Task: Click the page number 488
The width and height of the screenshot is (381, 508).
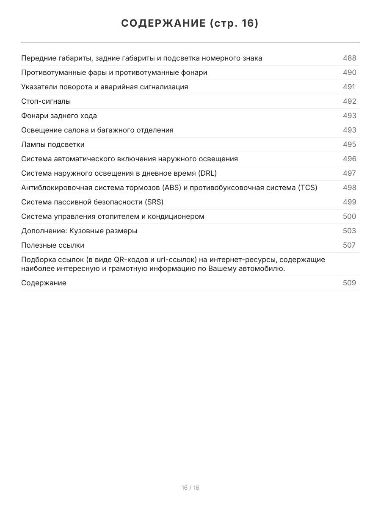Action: coord(349,58)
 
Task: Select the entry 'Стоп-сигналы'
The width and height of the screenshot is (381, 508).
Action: coord(46,101)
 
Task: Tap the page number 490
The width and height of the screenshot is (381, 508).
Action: coord(349,72)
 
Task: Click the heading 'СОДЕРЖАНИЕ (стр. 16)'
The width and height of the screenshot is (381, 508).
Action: coord(190,23)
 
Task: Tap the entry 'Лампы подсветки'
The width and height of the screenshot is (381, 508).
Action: coord(53,144)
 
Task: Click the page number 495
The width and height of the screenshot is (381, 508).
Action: coord(349,144)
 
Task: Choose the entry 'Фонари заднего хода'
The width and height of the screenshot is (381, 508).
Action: coord(59,116)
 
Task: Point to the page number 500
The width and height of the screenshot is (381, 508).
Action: coord(349,216)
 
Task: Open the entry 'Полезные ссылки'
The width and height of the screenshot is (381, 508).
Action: coord(53,245)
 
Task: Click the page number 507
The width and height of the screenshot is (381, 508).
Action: coord(349,245)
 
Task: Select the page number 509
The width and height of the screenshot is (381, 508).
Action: coord(349,283)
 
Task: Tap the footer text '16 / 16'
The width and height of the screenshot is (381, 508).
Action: coord(190,488)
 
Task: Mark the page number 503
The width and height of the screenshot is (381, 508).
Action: coord(349,231)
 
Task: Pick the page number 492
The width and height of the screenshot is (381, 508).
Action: coord(349,101)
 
